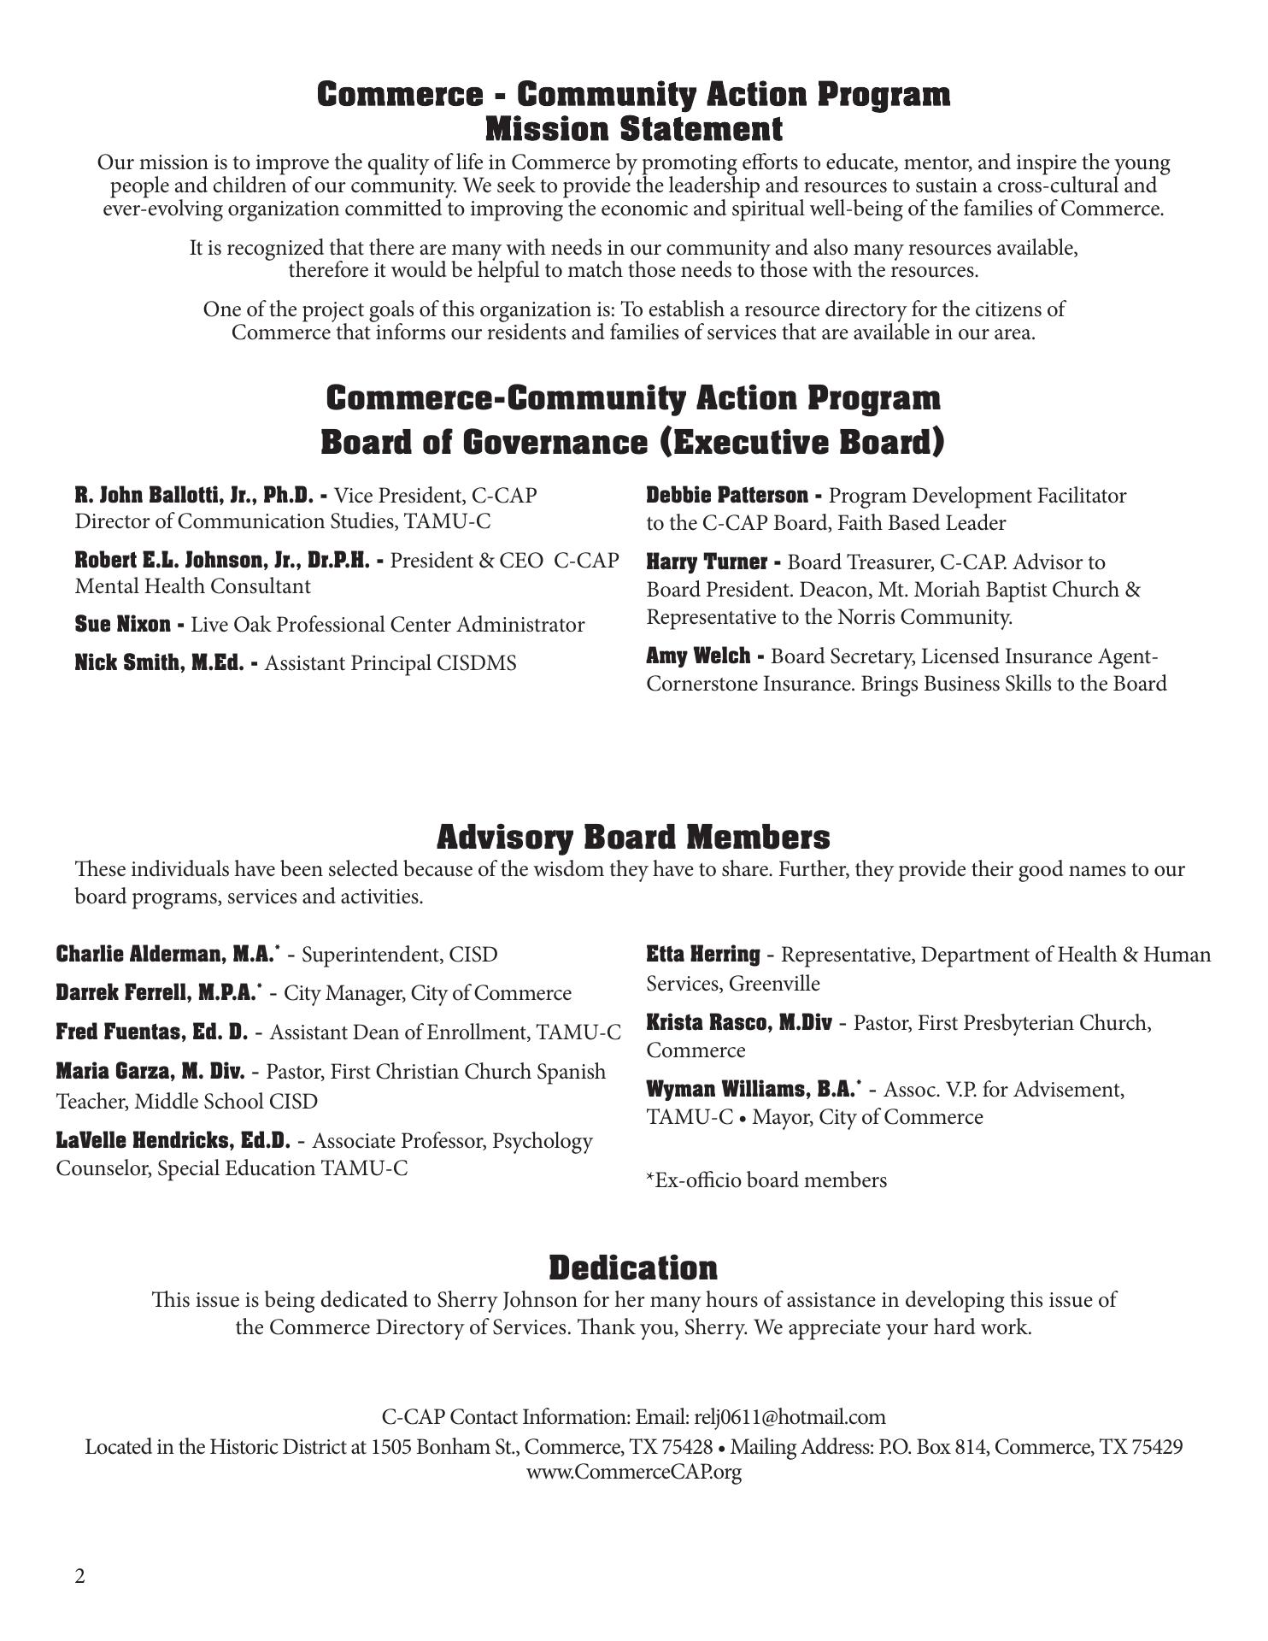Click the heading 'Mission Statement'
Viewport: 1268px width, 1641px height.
(633, 130)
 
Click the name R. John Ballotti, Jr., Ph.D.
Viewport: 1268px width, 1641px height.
(195, 495)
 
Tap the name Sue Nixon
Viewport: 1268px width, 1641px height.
(123, 625)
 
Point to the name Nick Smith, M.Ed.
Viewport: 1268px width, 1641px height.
(160, 663)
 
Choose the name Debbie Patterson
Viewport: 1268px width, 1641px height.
(727, 496)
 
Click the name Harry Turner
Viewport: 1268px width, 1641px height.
(707, 562)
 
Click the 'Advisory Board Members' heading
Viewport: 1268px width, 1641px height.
(633, 837)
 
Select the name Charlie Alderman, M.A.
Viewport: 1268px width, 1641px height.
(166, 954)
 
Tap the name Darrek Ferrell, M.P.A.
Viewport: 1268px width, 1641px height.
(156, 993)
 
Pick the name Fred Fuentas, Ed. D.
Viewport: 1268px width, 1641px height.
(152, 1032)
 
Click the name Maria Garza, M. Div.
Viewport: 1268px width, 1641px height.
(150, 1072)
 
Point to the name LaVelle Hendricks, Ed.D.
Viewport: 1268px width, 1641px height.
(173, 1141)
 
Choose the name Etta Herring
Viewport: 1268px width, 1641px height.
(703, 954)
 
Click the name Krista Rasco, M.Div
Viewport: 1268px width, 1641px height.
(738, 1023)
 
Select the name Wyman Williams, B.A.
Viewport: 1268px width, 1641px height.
(751, 1090)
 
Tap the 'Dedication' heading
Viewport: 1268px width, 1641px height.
(633, 1268)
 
